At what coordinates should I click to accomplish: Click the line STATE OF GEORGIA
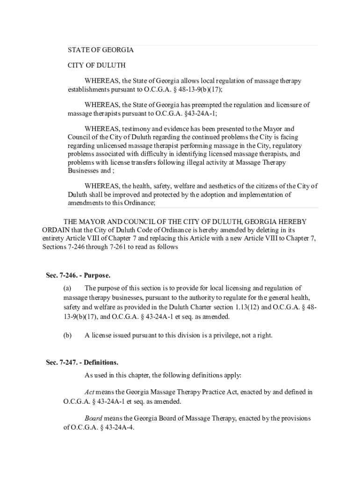click(x=101, y=50)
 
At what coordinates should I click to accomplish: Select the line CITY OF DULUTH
click(x=96, y=65)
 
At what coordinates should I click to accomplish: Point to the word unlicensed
click(x=95, y=145)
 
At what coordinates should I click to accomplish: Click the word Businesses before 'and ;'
click(x=83, y=171)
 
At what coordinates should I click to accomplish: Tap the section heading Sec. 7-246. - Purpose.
click(x=78, y=275)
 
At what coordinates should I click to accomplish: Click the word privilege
click(x=223, y=335)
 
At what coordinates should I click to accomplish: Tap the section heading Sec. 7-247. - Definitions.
click(x=82, y=362)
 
